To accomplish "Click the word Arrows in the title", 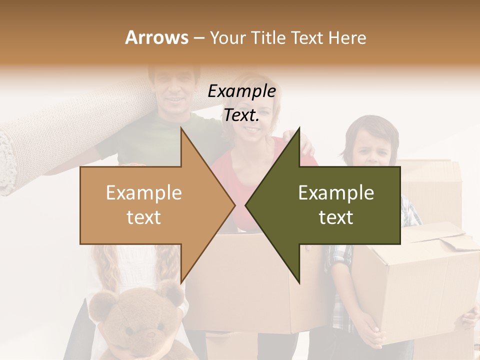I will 156,37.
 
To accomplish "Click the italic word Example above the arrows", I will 241,91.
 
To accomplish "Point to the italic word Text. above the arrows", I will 241,115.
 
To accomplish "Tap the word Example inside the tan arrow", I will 143,193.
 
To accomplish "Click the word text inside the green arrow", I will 336,217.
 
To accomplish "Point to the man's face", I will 173,90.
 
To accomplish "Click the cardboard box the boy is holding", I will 420,270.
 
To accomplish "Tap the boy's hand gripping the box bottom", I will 370,332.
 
